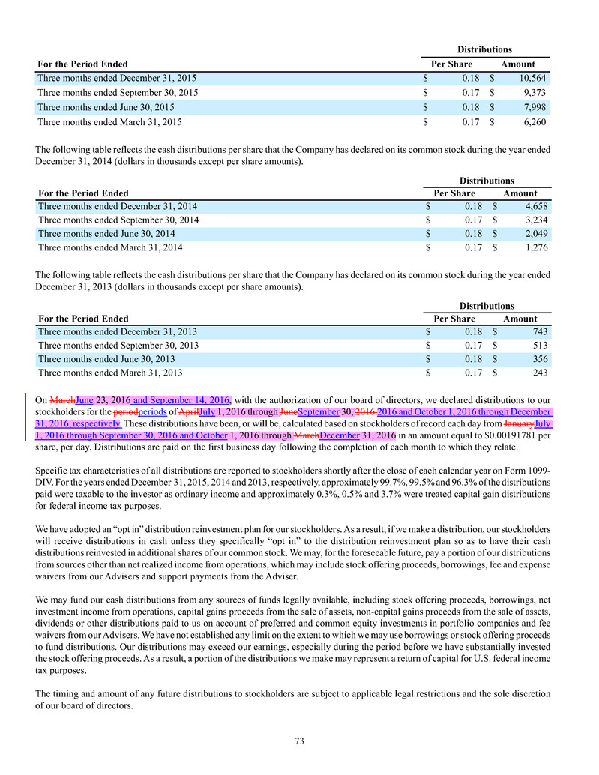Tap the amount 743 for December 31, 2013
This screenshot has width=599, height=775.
click(541, 331)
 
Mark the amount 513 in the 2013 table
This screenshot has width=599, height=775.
click(541, 346)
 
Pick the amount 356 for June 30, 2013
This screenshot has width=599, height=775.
click(541, 359)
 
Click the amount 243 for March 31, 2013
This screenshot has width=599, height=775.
click(541, 373)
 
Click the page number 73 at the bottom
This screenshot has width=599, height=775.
click(299, 741)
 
